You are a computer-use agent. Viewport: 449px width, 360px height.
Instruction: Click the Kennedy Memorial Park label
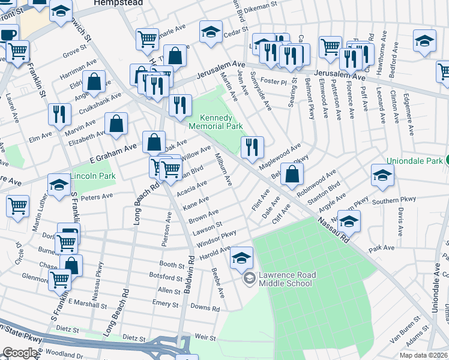coord(215,122)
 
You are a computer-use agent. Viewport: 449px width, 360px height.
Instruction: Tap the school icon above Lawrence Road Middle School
coord(242,257)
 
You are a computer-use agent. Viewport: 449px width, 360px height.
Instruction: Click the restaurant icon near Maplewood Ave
coord(252,146)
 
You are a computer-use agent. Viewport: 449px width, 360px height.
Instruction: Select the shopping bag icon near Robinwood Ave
coord(292,175)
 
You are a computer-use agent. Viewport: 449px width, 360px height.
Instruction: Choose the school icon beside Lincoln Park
coord(59,185)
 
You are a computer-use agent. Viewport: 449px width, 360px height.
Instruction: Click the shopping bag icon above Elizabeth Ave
coord(116,124)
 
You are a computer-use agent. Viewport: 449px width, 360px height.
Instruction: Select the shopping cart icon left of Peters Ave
coord(17,206)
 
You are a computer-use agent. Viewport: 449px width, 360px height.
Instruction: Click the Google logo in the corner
coord(20,353)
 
